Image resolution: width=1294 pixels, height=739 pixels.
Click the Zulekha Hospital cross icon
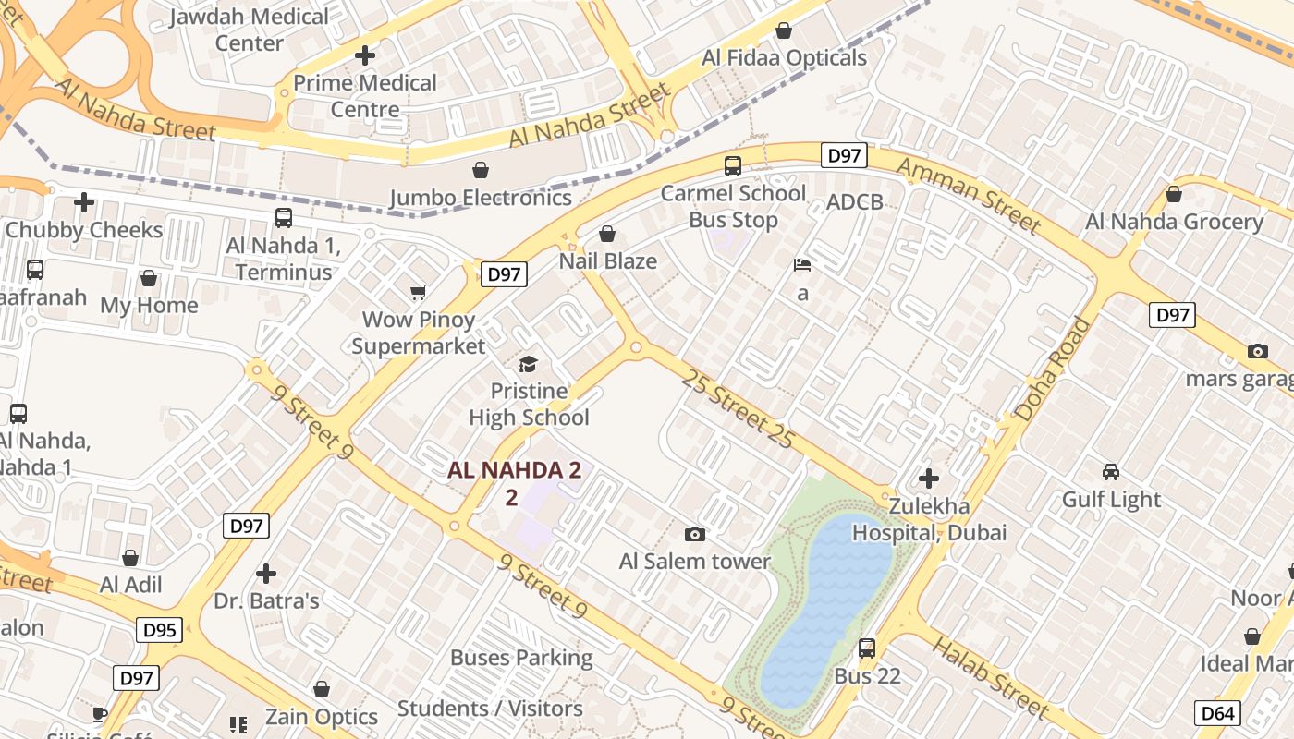pos(929,479)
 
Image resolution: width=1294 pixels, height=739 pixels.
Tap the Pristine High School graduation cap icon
pos(528,364)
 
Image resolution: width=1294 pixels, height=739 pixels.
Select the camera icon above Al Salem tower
pos(695,534)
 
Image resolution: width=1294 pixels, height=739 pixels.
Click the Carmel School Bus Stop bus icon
pos(732,166)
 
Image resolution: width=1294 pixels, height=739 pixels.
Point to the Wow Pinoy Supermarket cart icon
pos(418,292)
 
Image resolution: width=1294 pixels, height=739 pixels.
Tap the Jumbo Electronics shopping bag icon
pos(480,170)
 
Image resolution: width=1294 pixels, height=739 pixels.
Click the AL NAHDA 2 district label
pos(514,470)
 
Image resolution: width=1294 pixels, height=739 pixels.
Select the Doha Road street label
pos(1052,369)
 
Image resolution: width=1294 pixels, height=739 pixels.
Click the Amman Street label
pos(968,194)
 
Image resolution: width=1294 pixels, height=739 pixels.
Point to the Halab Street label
pos(989,677)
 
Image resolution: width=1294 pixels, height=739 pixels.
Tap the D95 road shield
pos(160,631)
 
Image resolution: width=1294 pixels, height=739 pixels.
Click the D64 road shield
pos(1217,713)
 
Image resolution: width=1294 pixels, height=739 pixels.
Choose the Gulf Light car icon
pos(1111,471)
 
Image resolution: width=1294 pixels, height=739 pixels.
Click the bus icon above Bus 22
pos(866,648)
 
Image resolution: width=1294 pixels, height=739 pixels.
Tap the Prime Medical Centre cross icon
pos(365,55)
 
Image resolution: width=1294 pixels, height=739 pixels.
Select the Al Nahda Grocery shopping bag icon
pos(1173,194)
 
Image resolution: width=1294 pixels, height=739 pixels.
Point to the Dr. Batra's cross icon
pos(266,574)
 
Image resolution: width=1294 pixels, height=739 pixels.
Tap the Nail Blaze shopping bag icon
pos(607,234)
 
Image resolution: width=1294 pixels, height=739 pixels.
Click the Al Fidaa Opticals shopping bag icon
pos(784,30)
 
